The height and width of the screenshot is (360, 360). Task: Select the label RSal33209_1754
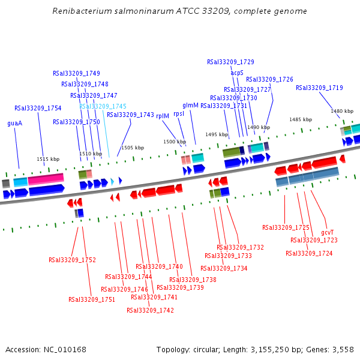coord(38,108)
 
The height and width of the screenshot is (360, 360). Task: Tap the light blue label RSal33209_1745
coord(103,106)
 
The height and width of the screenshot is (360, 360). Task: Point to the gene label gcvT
coord(327,232)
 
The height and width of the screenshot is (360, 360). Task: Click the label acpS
coord(237,73)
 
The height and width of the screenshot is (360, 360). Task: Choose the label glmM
coord(190,105)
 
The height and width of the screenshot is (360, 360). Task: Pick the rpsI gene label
coord(179,113)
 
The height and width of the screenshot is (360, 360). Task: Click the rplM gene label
coord(163,116)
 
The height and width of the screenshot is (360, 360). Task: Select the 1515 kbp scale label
coord(48,159)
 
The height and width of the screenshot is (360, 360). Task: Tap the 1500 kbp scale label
coord(175,142)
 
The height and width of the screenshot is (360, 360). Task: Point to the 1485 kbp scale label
coord(301,119)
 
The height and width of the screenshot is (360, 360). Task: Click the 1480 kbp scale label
coord(342,111)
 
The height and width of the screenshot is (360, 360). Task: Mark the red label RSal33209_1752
coord(72,260)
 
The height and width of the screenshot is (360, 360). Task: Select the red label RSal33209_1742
coord(150,310)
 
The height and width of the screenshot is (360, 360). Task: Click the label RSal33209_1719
coord(319,88)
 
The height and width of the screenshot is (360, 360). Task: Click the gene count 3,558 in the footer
coord(343,349)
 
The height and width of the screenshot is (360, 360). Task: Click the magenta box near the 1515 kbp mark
coord(46,179)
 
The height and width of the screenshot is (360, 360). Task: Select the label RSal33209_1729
coord(230,62)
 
